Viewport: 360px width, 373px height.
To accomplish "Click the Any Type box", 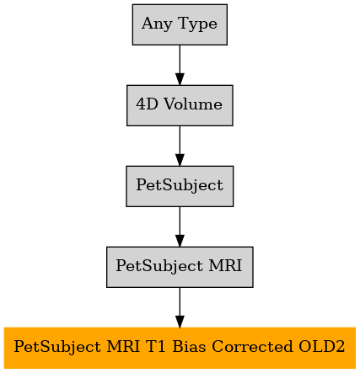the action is coord(180,24).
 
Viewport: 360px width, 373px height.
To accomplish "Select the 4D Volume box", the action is coord(180,105).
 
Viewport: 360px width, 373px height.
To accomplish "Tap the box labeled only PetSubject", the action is coord(180,186).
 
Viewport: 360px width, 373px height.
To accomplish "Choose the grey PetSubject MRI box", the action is coord(180,267).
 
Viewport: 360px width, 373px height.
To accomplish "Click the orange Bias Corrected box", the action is coord(180,348).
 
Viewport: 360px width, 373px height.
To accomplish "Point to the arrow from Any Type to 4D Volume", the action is coord(180,65).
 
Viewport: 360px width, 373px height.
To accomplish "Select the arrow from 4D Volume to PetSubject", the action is coord(180,146).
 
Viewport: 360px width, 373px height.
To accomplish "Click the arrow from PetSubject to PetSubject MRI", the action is coord(180,226).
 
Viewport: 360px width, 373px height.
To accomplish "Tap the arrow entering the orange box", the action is coord(180,307).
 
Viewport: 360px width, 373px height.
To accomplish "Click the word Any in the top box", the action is coord(157,24).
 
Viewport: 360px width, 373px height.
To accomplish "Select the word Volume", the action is coord(193,104).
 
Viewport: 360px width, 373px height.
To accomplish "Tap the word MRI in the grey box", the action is coord(225,265).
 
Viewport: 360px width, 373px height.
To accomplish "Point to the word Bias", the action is coord(189,346).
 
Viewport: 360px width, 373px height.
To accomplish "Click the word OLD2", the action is coord(322,346).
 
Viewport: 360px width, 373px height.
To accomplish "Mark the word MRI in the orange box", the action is coord(123,346).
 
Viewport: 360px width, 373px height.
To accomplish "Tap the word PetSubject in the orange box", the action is coord(57,348).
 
